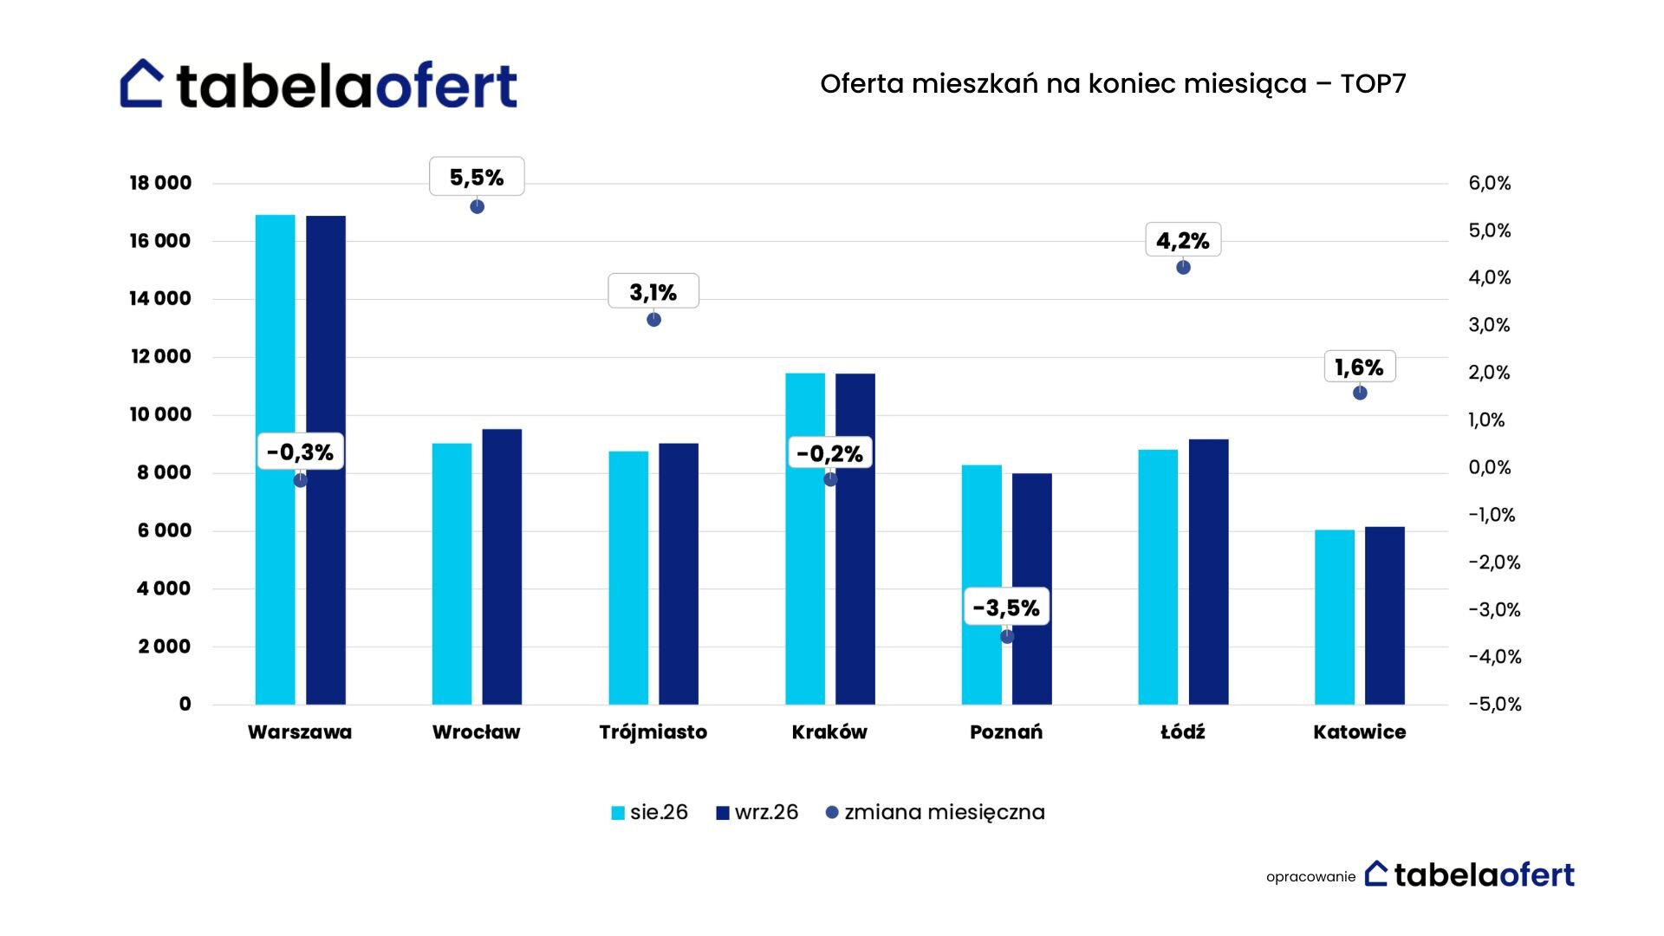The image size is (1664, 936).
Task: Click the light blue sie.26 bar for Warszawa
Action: pyautogui.click(x=275, y=459)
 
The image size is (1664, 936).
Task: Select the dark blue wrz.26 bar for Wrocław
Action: pyautogui.click(x=502, y=567)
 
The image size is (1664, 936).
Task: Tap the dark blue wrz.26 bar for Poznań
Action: pyautogui.click(x=1031, y=588)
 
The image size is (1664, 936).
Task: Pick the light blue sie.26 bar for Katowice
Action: pyautogui.click(x=1334, y=617)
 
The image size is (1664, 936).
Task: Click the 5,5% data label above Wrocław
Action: pyautogui.click(x=477, y=177)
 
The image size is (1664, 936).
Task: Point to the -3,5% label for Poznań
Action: pyautogui.click(x=1006, y=608)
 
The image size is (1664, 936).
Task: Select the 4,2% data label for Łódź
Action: pyautogui.click(x=1183, y=240)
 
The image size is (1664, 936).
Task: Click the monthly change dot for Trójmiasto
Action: pyautogui.click(x=653, y=320)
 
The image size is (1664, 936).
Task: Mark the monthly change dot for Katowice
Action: pyautogui.click(x=1360, y=393)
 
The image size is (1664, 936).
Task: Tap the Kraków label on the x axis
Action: pyautogui.click(x=829, y=732)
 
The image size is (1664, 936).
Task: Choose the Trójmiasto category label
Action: pyautogui.click(x=653, y=733)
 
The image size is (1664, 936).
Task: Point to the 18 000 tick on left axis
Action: pyautogui.click(x=160, y=183)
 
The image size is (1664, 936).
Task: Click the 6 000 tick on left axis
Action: pyautogui.click(x=164, y=530)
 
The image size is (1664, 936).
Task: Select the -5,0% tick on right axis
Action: pyautogui.click(x=1495, y=704)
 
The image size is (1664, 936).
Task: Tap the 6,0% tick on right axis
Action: pyautogui.click(x=1490, y=183)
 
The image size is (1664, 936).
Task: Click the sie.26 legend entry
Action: pyautogui.click(x=650, y=812)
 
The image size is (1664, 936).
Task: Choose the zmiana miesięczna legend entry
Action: pyautogui.click(x=935, y=813)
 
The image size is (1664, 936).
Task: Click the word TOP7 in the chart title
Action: pyautogui.click(x=1373, y=84)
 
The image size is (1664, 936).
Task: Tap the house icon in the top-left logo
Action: pyautogui.click(x=141, y=83)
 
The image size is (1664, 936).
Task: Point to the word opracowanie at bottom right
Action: pyautogui.click(x=1310, y=877)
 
